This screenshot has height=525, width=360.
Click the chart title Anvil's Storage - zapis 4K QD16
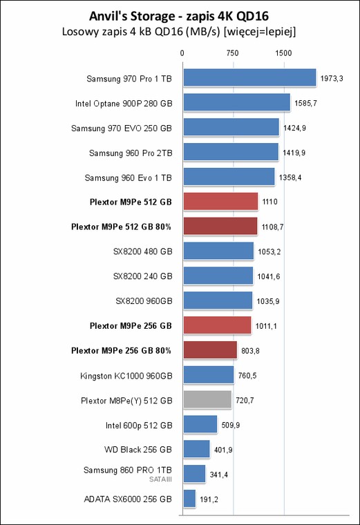pyautogui.click(x=179, y=16)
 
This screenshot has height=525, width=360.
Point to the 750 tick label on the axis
pyautogui.click(x=232, y=53)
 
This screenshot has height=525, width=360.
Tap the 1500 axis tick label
pyautogui.click(x=283, y=53)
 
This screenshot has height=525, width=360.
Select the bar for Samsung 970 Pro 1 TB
pyautogui.click(x=249, y=77)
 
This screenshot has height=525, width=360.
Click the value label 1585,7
pyautogui.click(x=305, y=103)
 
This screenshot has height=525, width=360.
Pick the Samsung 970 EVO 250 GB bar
pyautogui.click(x=231, y=127)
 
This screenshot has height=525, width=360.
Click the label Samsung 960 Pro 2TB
pyautogui.click(x=131, y=153)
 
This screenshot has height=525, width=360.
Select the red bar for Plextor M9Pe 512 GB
pyautogui.click(x=220, y=202)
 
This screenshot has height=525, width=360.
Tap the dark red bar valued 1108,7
pyautogui.click(x=220, y=227)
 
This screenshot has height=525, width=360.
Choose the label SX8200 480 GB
pyautogui.click(x=142, y=251)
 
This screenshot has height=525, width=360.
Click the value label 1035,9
pyautogui.click(x=268, y=301)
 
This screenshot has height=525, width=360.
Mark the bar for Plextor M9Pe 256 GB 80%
pyautogui.click(x=210, y=350)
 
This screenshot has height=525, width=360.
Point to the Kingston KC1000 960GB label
pyautogui.click(x=126, y=376)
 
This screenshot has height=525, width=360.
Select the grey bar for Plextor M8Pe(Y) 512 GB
pyautogui.click(x=207, y=400)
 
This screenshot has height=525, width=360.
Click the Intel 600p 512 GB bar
pyautogui.click(x=200, y=425)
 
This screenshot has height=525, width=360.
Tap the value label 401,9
pyautogui.click(x=223, y=450)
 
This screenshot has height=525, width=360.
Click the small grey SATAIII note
pyautogui.click(x=160, y=479)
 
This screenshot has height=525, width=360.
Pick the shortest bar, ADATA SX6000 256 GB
pyautogui.click(x=189, y=499)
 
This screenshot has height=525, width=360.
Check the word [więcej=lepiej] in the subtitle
pyautogui.click(x=260, y=32)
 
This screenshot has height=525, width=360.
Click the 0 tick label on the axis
pyautogui.click(x=182, y=53)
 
